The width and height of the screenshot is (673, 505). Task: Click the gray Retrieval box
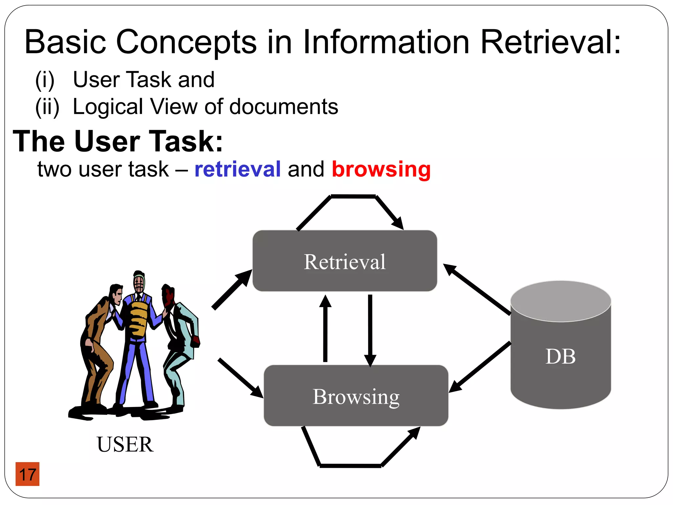344,261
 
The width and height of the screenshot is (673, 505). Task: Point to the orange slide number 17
28,474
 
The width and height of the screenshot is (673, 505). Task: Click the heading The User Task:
118,141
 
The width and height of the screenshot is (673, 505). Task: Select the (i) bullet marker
45,80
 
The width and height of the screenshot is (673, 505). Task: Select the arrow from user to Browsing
240,378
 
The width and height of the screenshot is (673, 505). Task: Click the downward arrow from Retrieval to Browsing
370,329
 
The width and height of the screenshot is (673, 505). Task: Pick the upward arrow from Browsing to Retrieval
325,329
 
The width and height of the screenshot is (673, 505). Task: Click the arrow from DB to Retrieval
476,289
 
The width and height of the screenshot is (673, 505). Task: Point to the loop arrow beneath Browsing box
350,465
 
